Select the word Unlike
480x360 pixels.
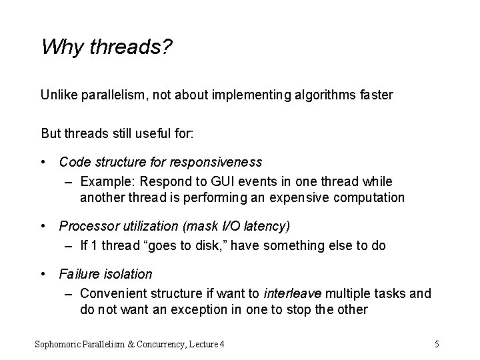coord(59,95)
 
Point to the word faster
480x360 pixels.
coord(375,95)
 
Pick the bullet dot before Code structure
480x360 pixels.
coord(44,162)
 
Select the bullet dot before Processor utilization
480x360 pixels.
coord(44,227)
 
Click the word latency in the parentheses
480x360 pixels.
coord(266,227)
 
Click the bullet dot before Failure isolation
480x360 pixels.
coord(44,274)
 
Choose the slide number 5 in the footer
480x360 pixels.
coord(436,344)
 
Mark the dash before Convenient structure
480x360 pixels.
coord(70,293)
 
